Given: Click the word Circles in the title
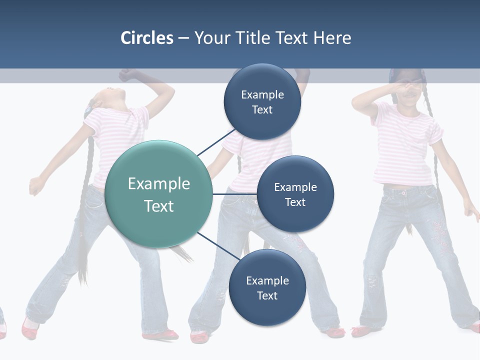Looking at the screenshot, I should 146,38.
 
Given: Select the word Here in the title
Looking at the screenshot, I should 332,38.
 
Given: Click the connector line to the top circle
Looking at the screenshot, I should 216,142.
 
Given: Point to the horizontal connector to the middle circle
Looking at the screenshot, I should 234,194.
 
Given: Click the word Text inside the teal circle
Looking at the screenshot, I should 158,206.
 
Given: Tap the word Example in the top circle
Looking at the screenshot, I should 262,95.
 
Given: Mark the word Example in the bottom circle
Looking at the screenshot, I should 267,281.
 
